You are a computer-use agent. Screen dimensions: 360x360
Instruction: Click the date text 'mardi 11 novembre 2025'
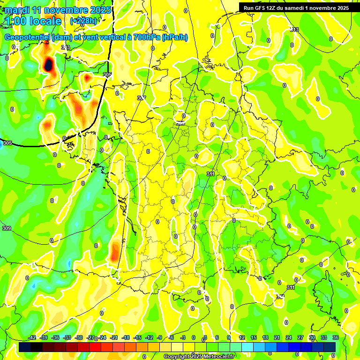(x=58, y=10)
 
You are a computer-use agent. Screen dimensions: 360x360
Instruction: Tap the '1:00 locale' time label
(x=34, y=21)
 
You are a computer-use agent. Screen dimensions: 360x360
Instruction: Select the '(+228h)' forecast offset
(x=83, y=21)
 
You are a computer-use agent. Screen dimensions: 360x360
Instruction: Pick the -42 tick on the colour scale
(x=32, y=337)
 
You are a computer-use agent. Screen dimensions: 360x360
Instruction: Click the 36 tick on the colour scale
(x=336, y=337)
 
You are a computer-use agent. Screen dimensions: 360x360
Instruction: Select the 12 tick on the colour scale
(x=241, y=337)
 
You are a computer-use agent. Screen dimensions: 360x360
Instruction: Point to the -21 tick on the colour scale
(x=114, y=337)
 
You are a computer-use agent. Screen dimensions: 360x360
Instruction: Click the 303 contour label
(x=66, y=47)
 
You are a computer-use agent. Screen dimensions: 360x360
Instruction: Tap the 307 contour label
(x=142, y=98)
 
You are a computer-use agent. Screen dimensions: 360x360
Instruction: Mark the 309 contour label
(x=6, y=228)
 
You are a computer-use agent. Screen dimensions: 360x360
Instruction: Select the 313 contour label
(x=294, y=30)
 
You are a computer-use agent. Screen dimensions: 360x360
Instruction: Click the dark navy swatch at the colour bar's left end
(x=25, y=347)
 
